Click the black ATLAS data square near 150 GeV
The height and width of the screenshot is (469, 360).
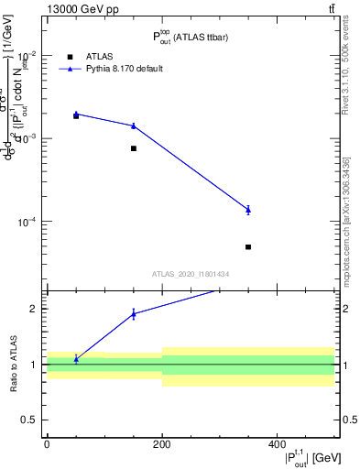tap(134, 148)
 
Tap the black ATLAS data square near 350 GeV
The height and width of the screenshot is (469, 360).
tap(248, 247)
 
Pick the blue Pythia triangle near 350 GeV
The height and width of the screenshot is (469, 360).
tap(248, 210)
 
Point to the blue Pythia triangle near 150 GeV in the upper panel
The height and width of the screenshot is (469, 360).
tap(134, 125)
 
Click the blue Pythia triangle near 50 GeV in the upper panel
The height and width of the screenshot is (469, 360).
tap(76, 115)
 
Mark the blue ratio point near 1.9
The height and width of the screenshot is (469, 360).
tap(134, 313)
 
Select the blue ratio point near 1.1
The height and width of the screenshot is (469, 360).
tap(76, 359)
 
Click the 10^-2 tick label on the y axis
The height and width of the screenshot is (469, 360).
tap(27, 54)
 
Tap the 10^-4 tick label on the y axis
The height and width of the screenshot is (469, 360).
tap(27, 222)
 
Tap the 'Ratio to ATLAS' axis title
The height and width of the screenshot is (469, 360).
tap(13, 364)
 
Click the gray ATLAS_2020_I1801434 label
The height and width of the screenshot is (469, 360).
tap(191, 274)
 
